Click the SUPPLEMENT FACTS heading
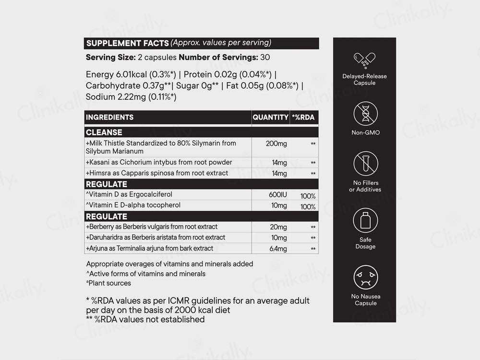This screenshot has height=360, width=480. coord(127,43)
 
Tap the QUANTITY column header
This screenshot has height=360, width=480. coord(270,117)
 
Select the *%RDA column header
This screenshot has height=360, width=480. coord(303,117)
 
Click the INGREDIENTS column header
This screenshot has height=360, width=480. coord(109,117)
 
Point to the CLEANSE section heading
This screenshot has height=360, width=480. coord(104,132)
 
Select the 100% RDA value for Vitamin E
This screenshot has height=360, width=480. coord(308,207)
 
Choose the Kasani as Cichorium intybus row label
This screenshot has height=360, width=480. coord(159,162)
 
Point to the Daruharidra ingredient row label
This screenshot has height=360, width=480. coord(156,238)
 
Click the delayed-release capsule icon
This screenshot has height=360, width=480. coord(365,60)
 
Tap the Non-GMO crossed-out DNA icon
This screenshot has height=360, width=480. coord(365,113)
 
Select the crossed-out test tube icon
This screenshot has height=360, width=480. coord(365,164)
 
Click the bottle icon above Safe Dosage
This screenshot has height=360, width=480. coord(365,220)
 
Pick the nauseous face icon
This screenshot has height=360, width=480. coord(365,277)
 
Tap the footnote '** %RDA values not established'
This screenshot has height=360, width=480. coord(145,319)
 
